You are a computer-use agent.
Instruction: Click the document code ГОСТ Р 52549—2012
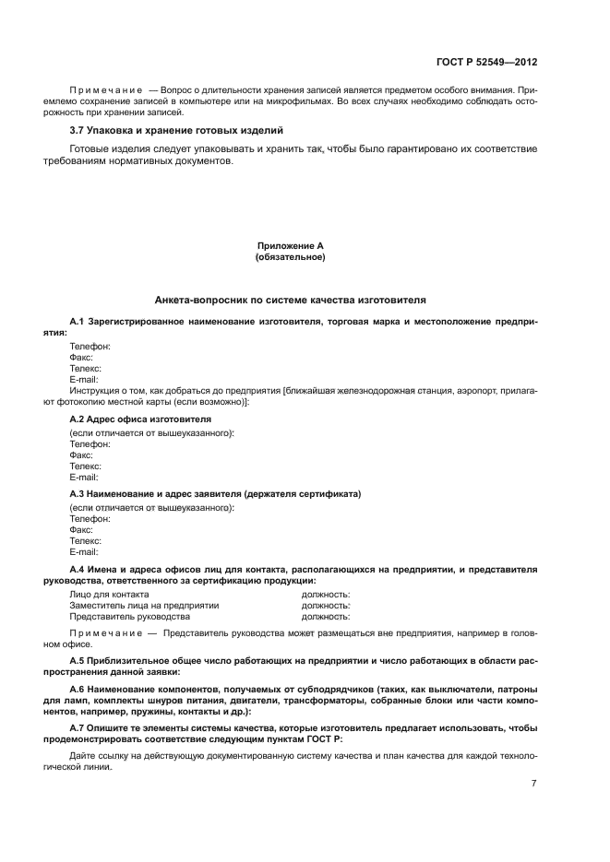click(x=487, y=63)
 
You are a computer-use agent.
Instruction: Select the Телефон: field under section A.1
click(x=90, y=346)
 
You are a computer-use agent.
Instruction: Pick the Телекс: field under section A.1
click(x=86, y=368)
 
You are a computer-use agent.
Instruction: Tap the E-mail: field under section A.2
click(x=84, y=478)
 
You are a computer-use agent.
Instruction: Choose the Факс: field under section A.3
click(x=82, y=529)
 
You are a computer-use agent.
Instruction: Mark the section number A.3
click(x=78, y=494)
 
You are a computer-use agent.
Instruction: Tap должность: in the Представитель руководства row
click(x=326, y=617)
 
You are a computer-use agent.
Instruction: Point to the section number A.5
click(x=78, y=662)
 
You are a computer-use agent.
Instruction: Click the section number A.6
click(x=78, y=690)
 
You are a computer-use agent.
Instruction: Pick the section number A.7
click(x=78, y=727)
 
